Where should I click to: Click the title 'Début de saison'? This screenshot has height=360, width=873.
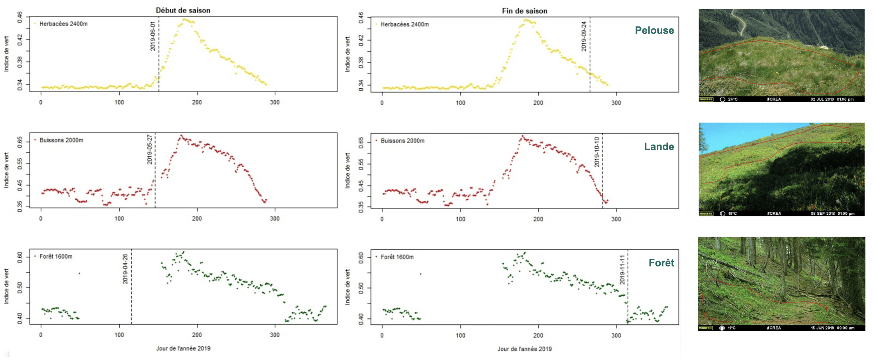183,10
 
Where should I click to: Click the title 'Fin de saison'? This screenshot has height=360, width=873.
524,11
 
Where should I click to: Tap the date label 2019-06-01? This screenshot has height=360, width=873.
153,36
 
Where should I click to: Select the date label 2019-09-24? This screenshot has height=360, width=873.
584,36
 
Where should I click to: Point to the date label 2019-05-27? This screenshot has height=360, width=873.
150,150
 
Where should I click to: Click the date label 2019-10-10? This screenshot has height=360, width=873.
596,152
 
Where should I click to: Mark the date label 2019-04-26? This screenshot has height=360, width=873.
125,269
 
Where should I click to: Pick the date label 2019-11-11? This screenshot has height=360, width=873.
622,270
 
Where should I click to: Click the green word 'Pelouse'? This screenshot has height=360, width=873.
654,30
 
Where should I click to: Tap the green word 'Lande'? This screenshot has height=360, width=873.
659,146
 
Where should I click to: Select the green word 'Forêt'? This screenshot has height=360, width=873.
661,263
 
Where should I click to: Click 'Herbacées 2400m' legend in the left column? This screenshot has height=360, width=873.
63,24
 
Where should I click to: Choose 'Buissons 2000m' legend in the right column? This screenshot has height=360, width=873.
402,141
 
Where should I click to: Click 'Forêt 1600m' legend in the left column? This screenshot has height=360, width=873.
56,257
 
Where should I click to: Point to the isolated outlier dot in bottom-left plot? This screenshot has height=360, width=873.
79,273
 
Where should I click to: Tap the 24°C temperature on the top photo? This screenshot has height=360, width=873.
733,99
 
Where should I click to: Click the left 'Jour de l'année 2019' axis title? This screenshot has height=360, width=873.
183,348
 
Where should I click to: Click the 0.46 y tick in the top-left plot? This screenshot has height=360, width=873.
20,17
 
